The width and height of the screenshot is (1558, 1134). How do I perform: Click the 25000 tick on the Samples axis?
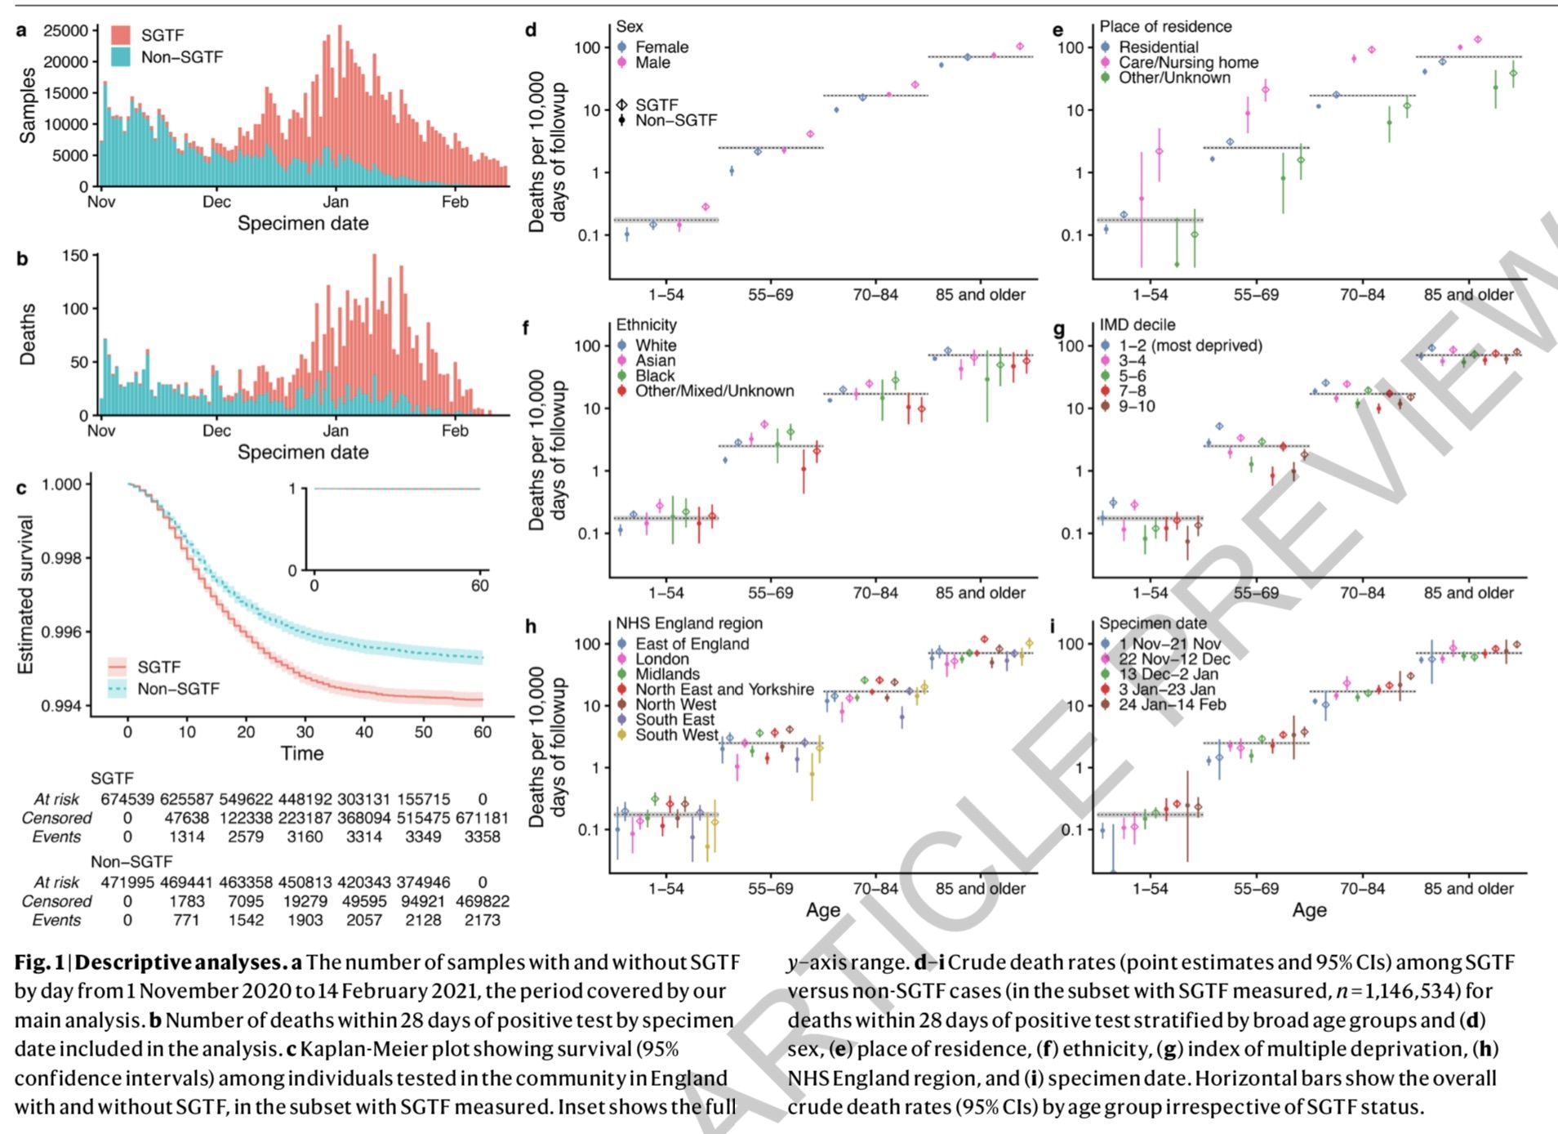tap(66, 31)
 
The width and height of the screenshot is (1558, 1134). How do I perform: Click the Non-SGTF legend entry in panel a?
tap(180, 56)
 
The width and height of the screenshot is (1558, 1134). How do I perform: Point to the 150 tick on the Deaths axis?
tap(74, 256)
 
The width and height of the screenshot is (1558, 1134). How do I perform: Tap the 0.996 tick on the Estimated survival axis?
tap(62, 632)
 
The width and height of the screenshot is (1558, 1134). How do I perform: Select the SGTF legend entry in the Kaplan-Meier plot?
tap(158, 667)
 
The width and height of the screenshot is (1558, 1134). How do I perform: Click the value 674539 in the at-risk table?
tap(127, 798)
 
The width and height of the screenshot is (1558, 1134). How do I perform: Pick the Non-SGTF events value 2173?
tap(482, 920)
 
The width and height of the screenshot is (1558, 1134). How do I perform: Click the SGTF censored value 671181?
tap(482, 818)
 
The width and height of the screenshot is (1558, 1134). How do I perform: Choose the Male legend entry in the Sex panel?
tap(652, 63)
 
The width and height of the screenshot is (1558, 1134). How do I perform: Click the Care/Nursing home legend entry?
tap(1188, 63)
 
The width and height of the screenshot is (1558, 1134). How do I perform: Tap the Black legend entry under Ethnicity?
tap(655, 376)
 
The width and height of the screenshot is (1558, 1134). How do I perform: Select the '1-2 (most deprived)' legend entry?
tap(1190, 346)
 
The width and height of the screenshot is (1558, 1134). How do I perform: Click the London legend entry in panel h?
tap(662, 659)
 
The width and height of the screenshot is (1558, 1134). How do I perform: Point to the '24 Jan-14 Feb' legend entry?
tap(1172, 704)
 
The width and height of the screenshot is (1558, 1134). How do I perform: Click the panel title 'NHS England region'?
tap(689, 623)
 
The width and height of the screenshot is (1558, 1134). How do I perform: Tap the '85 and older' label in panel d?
tap(980, 295)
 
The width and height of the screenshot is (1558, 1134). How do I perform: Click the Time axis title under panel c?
tap(302, 753)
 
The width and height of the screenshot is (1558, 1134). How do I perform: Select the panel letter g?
tap(1059, 329)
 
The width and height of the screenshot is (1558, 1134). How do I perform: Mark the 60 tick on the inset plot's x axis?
tap(479, 586)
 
